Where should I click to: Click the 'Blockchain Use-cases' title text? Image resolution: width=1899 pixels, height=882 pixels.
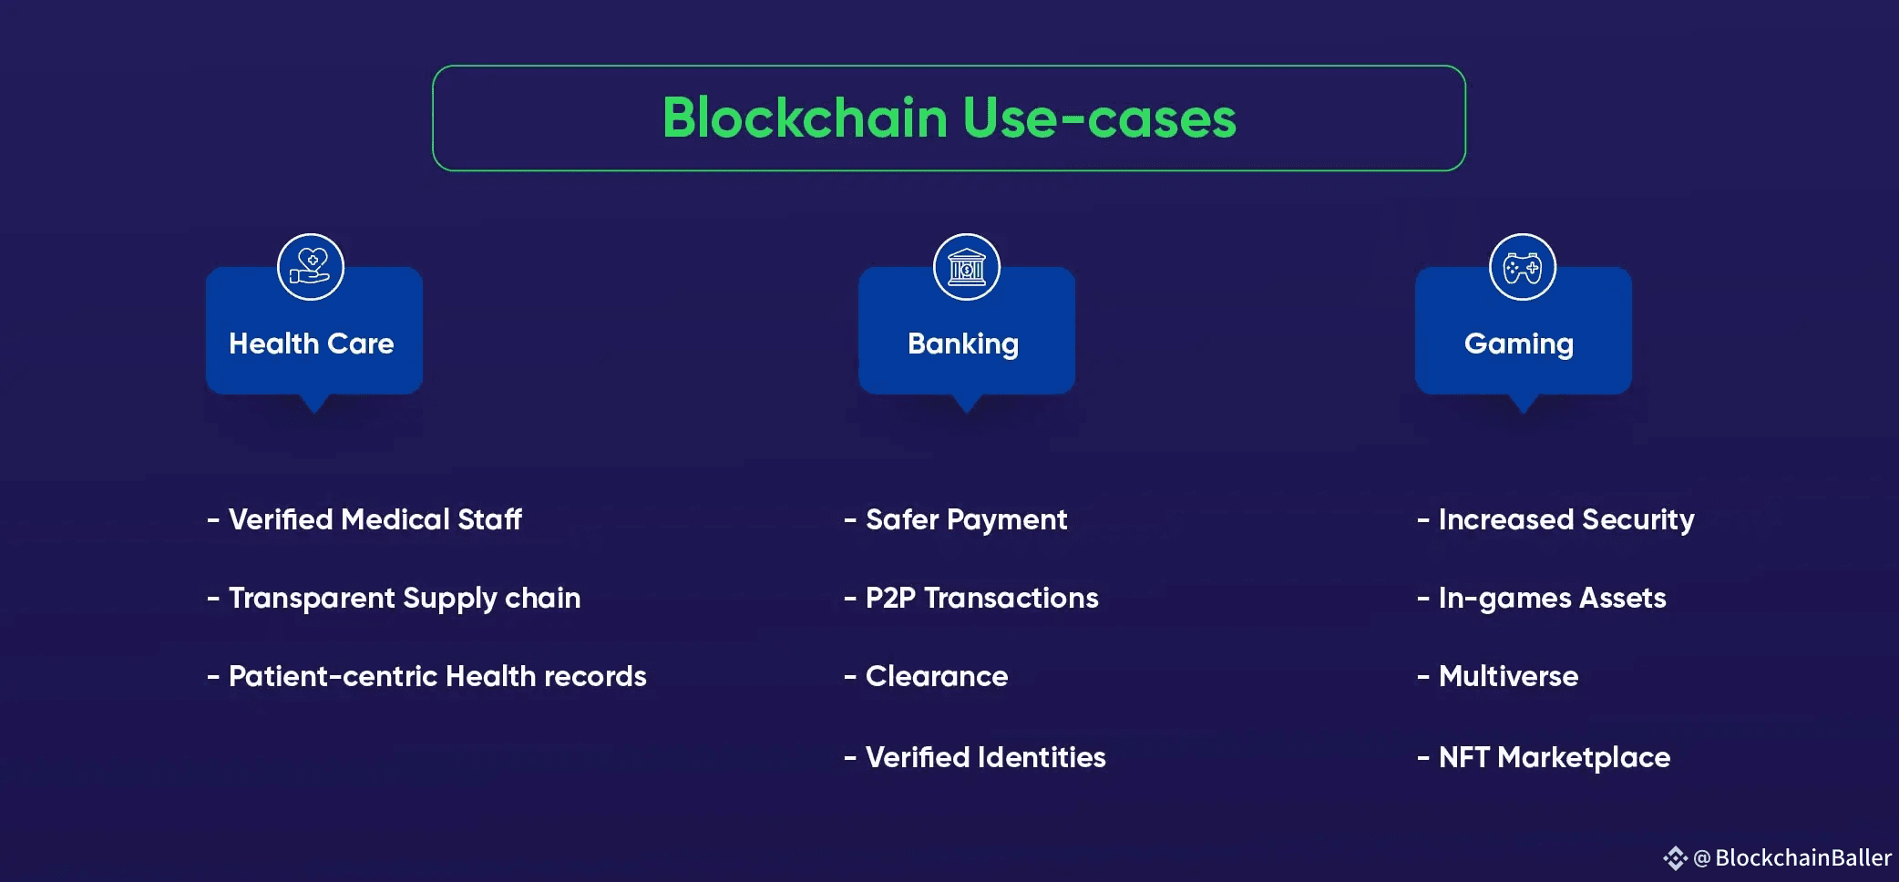point(949,118)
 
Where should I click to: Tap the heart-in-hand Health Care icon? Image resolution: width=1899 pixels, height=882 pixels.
point(311,267)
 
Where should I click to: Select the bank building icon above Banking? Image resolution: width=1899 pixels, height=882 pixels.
point(967,267)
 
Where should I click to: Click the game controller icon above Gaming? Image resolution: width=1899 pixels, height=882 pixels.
point(1522,267)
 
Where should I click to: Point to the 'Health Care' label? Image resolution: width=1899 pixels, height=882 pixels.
point(312,344)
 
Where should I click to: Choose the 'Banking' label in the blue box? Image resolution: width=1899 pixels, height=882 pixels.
point(963,344)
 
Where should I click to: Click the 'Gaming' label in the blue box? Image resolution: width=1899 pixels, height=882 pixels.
point(1519,344)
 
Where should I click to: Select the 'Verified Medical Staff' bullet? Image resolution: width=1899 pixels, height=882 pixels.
point(375,519)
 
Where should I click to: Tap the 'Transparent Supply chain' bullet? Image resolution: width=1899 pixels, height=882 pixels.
point(404,598)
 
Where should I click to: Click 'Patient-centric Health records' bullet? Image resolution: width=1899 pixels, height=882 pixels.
point(437,676)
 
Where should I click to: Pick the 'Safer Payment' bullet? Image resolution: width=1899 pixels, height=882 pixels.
point(966,519)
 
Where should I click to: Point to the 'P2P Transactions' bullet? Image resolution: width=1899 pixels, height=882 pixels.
point(981,598)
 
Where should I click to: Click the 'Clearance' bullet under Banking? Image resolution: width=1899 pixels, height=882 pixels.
point(937,676)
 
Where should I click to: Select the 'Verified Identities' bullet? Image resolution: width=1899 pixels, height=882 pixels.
point(985,757)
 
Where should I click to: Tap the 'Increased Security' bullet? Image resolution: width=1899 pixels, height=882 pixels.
point(1565,519)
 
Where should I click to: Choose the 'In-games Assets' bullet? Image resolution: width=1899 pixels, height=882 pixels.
point(1552,598)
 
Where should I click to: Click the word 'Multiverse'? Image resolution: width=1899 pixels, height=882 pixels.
point(1508,676)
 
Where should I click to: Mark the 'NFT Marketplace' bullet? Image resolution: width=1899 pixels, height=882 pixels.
point(1554,757)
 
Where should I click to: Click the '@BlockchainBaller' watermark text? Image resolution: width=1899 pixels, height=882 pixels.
point(1792,857)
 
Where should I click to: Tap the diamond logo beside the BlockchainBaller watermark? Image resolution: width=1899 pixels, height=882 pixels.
point(1675,857)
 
